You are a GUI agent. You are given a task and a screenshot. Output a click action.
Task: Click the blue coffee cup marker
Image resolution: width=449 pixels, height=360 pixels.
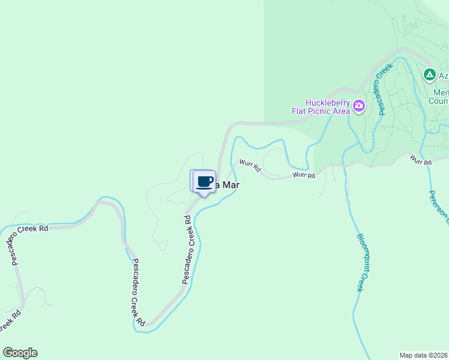[204, 182]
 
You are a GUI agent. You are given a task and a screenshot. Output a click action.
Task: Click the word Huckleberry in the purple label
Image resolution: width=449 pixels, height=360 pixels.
[327, 102]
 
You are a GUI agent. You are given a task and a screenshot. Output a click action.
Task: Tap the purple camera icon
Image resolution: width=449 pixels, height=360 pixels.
[359, 106]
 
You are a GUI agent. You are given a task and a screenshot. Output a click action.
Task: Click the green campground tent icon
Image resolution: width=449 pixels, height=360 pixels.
[429, 75]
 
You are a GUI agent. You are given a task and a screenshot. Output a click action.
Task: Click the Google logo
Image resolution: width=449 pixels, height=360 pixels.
[20, 353]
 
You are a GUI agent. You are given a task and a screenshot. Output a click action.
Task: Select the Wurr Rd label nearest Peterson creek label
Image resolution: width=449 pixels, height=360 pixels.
[421, 161]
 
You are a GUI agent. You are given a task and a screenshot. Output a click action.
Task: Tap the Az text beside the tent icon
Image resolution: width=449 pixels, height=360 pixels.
[444, 76]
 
